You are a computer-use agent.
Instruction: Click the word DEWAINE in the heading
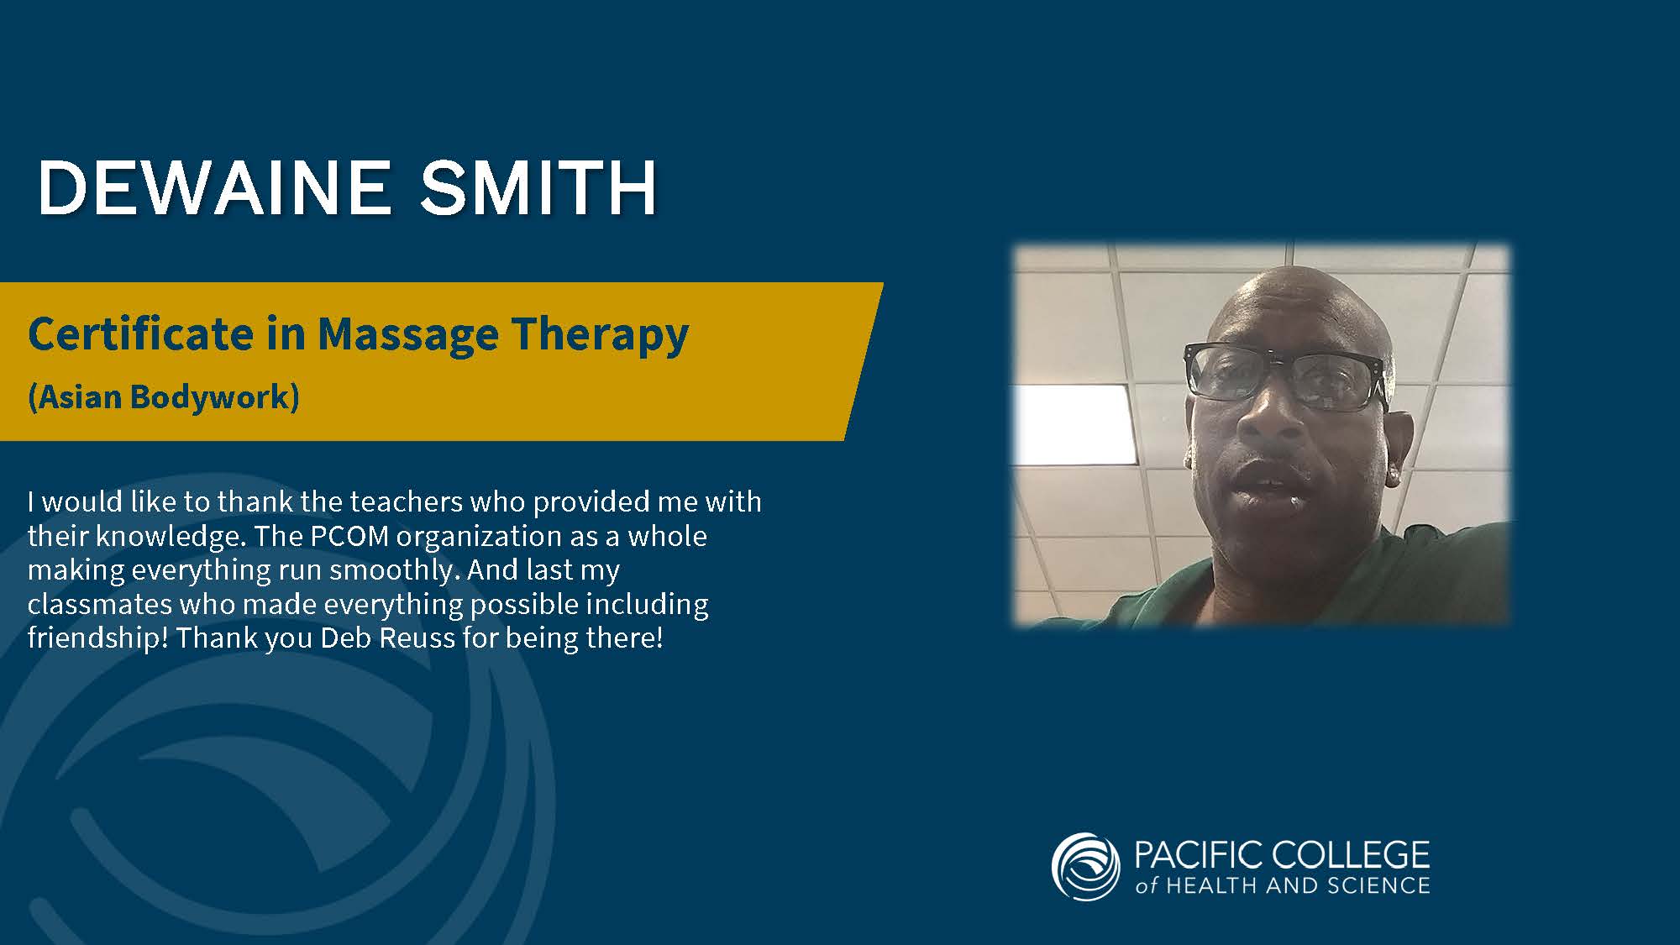point(214,187)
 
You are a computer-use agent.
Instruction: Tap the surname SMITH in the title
point(538,187)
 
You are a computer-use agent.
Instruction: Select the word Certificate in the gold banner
point(141,333)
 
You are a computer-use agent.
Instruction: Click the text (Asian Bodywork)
point(164,397)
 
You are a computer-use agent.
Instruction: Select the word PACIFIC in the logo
point(1199,855)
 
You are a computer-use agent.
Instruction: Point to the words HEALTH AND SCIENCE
point(1298,885)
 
